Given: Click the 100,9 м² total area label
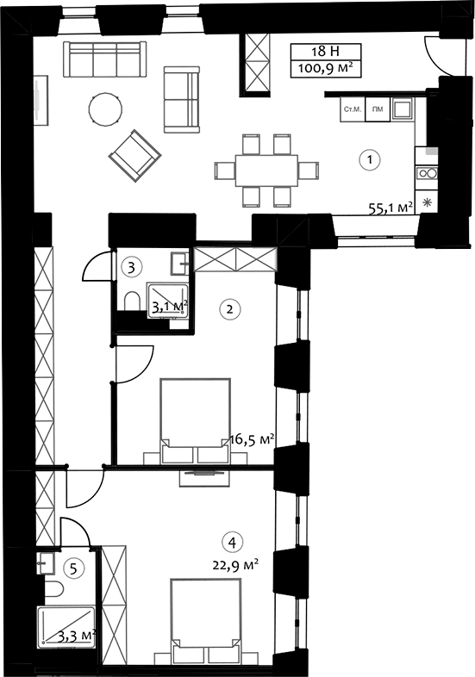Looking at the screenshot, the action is coord(326,69).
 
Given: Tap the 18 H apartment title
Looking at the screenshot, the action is coord(326,52).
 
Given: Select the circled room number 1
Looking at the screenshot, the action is coord(370,159).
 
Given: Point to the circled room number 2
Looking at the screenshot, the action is coord(230,309).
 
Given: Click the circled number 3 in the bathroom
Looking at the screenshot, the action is coord(131,268).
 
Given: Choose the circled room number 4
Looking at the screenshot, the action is coord(233,543).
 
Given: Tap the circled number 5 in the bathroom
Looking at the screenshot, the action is coord(73,568).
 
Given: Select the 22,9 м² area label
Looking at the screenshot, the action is coord(235,565).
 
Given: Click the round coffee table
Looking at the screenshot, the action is coord(105,109).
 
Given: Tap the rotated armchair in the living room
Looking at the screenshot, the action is coord(134,155).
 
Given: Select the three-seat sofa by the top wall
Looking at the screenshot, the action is coord(104,59).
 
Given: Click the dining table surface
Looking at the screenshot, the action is coord(266,171).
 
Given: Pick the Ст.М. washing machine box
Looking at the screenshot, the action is coord(353,109).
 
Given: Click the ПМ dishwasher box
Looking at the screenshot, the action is coord(378,109).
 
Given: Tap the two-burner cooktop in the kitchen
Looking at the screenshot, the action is coord(427,174).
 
